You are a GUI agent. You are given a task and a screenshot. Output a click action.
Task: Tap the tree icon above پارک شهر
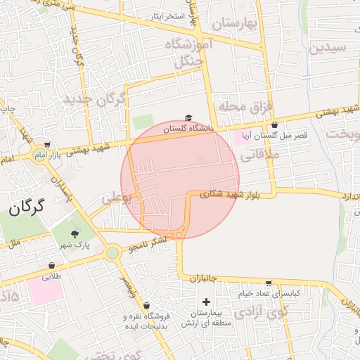(75, 233)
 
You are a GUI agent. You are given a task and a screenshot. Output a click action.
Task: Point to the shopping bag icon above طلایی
(52, 266)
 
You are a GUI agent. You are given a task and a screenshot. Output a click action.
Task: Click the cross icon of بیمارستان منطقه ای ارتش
(205, 301)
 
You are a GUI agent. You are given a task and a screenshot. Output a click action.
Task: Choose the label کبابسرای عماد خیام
(269, 292)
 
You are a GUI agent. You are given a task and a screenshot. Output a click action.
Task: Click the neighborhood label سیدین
(328, 48)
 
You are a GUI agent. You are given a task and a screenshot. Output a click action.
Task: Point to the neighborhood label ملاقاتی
(260, 157)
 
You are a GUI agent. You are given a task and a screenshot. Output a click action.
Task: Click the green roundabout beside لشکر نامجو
(112, 252)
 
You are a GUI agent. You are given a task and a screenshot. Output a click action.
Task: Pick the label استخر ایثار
(168, 15)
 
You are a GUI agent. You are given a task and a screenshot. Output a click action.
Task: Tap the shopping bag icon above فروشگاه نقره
(146, 306)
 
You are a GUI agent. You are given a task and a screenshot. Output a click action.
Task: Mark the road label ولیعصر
(125, 288)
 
